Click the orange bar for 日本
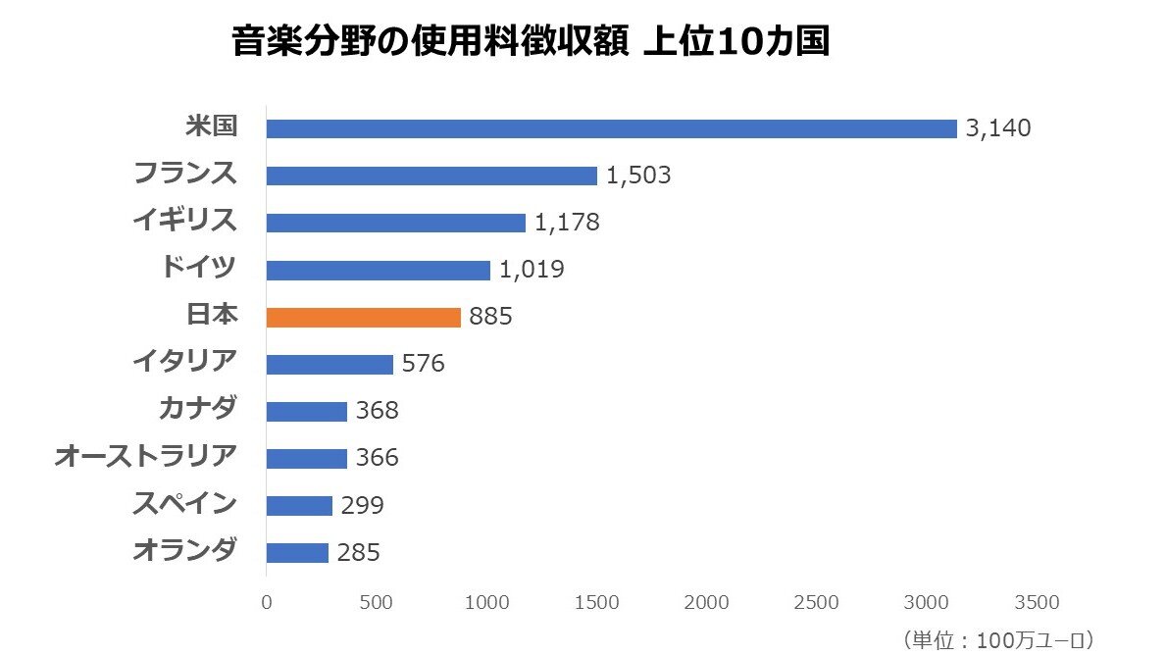(363, 318)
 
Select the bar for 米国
(611, 128)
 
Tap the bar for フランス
(431, 176)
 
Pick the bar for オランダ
(297, 553)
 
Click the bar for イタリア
(330, 365)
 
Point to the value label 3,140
(998, 128)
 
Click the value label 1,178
(567, 223)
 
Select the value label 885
(490, 318)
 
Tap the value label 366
(378, 459)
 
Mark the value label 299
(363, 506)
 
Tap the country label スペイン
(184, 504)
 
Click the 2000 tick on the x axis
(706, 602)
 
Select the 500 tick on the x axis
(377, 602)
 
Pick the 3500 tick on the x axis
(1037, 602)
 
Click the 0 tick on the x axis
(267, 602)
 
